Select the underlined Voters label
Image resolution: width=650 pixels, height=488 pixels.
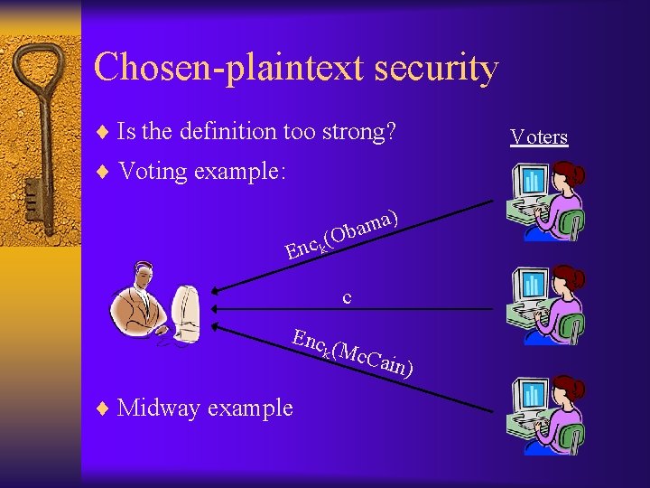[539, 137]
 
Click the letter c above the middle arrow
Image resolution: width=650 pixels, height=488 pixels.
[346, 296]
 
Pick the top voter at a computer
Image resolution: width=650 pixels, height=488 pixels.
[545, 202]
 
